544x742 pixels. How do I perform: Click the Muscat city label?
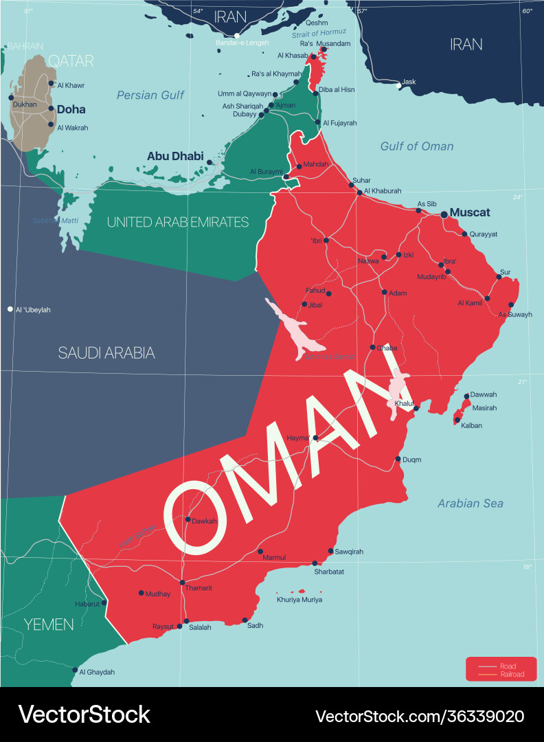tap(470, 213)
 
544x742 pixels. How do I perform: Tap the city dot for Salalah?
tap(186, 621)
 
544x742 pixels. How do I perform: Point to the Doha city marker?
tap(51, 109)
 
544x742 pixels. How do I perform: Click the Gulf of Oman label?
tap(417, 146)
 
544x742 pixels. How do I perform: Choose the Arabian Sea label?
tap(471, 504)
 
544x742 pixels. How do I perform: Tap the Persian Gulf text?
tap(150, 95)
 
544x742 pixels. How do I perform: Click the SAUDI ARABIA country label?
tap(106, 353)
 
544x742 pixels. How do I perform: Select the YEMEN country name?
tap(49, 625)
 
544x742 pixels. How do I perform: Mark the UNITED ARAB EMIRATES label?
tap(178, 222)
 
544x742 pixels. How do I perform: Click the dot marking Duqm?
tap(398, 459)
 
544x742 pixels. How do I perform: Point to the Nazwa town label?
tap(368, 261)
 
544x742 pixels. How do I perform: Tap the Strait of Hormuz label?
tap(319, 33)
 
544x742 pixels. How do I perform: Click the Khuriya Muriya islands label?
tap(299, 600)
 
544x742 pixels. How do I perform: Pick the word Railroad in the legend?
tap(512, 675)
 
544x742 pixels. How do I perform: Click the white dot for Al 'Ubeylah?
tap(10, 310)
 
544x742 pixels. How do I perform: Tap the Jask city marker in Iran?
tap(398, 86)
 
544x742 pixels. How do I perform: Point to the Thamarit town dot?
tap(182, 583)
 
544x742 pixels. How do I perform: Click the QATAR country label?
tap(71, 61)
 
